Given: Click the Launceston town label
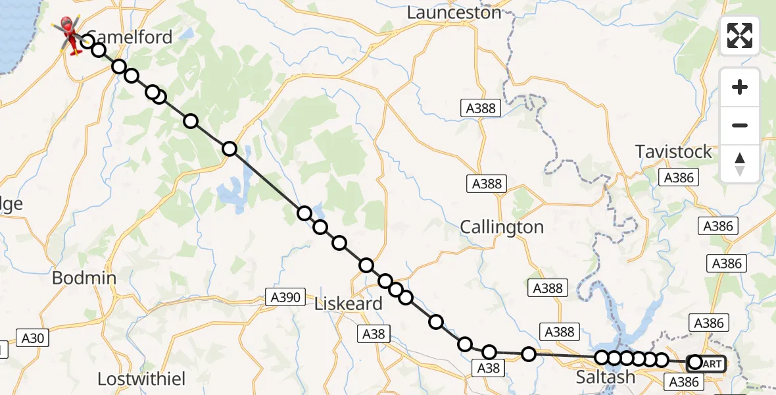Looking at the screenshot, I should click(454, 12).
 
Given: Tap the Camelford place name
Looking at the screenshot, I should click(130, 37).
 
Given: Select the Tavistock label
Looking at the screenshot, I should click(673, 152).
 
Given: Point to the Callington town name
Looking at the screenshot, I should click(502, 228).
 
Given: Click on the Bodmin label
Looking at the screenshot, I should click(84, 278).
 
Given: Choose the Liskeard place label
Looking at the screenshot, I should click(348, 304).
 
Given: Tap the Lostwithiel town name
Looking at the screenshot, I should click(141, 379).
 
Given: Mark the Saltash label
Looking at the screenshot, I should click(606, 377).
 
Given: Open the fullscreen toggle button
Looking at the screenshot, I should click(740, 36).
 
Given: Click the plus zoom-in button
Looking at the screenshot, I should click(740, 87).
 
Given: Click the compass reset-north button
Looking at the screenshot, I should click(740, 163).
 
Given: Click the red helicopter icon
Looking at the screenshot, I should click(68, 34).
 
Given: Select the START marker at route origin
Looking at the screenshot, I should click(706, 363).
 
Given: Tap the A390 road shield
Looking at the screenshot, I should click(285, 298).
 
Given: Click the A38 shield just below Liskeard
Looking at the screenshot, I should click(374, 334).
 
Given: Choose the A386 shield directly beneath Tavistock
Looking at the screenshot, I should click(680, 178).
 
